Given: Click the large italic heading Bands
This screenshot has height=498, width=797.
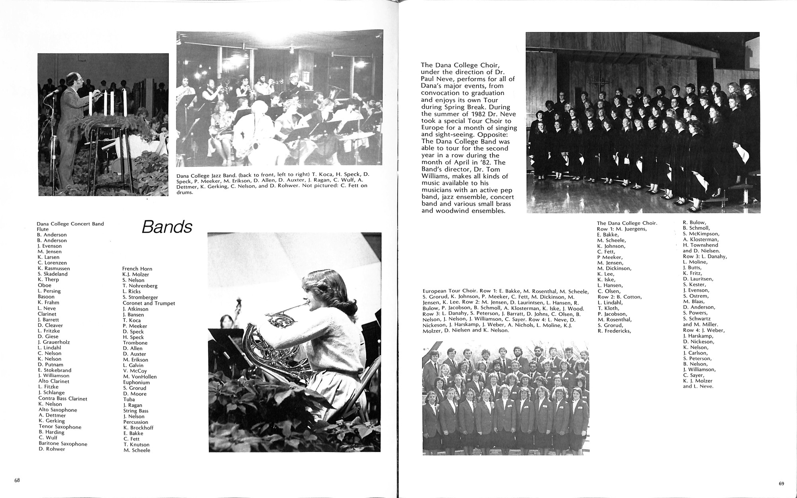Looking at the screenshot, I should coord(167,227).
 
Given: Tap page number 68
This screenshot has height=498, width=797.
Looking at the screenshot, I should coord(17,480).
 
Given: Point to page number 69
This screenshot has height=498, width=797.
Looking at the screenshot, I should coord(781,484).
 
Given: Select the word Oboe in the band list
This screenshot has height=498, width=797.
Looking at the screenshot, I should coord(45,285).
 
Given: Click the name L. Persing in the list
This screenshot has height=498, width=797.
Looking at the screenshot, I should coord(49,291).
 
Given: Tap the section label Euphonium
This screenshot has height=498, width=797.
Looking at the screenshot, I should coord(136,382).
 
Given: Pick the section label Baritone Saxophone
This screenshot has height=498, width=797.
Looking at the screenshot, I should coord(63,444).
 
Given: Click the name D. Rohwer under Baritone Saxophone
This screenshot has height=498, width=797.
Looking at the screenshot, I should coord(52,449).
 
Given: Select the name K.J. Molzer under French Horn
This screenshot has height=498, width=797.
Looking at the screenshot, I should coord(135,275).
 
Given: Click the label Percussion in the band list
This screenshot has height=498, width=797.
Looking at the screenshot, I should coord(135,422).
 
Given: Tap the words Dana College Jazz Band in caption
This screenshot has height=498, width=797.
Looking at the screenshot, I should coord(204,174).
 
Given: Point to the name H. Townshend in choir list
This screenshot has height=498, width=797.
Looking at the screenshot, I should coord(700,245).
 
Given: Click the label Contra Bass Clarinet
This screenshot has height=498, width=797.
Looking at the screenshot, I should coord(63,398).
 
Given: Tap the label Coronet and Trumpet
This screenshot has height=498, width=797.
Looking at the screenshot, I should coord(149,303).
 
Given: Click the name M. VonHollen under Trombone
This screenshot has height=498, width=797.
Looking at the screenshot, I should coord(140,377).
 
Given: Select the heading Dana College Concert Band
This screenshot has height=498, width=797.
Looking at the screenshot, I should coord(70,224).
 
